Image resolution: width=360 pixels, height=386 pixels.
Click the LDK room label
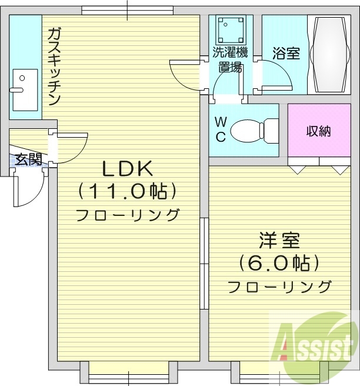(x=128, y=169)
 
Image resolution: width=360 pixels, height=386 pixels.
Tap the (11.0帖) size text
(x=127, y=191)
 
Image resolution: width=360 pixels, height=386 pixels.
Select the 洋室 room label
(x=279, y=241)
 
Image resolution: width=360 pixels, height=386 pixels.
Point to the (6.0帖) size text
(x=279, y=263)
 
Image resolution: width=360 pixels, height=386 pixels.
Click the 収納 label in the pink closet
(x=318, y=131)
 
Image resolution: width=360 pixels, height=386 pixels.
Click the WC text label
(x=220, y=130)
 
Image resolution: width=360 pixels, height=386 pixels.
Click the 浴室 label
(x=286, y=54)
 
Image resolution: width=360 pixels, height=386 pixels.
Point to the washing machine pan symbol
(x=231, y=28)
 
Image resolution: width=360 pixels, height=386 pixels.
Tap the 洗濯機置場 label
(x=230, y=59)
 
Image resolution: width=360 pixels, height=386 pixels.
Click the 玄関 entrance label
(x=28, y=159)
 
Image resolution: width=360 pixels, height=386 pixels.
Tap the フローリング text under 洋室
(x=279, y=287)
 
